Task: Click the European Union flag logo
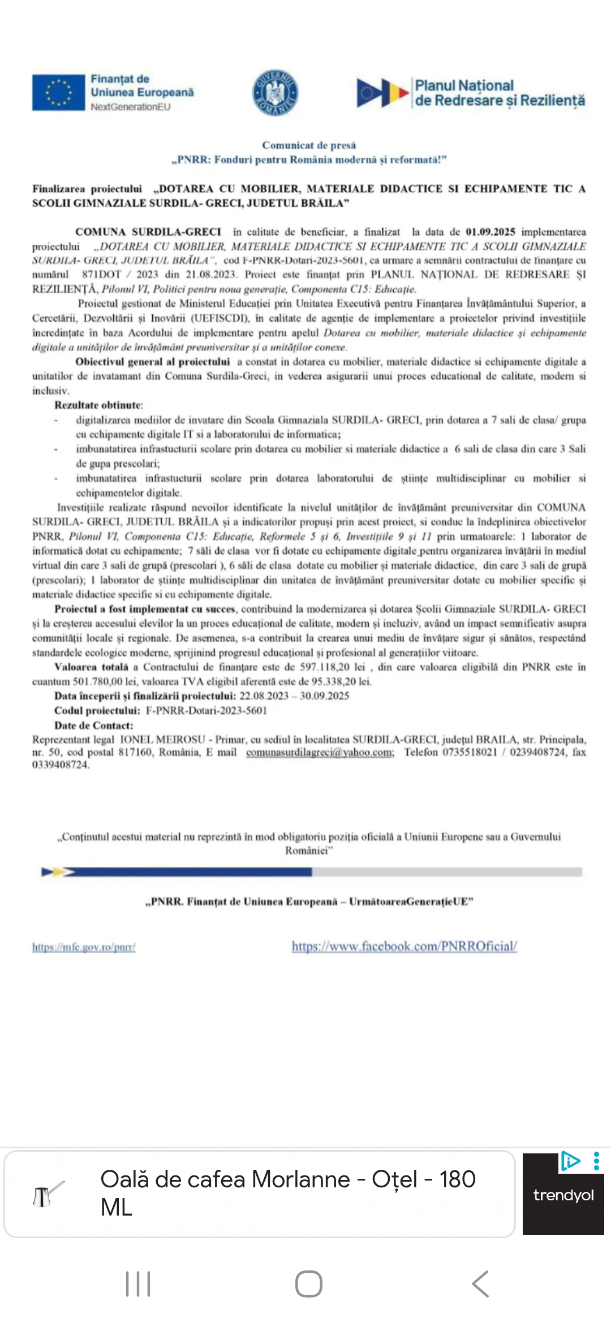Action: [58, 92]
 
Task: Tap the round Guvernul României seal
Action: [275, 93]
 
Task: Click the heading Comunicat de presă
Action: [309, 145]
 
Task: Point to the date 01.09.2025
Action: [490, 232]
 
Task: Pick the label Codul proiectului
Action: [97, 711]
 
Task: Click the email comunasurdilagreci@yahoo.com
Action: [320, 753]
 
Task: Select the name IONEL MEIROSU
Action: [162, 740]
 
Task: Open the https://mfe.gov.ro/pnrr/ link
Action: [84, 947]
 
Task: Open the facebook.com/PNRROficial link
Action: [404, 946]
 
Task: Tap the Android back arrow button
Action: [480, 1283]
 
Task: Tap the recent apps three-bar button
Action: [138, 1283]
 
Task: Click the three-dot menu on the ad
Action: [596, 1161]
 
